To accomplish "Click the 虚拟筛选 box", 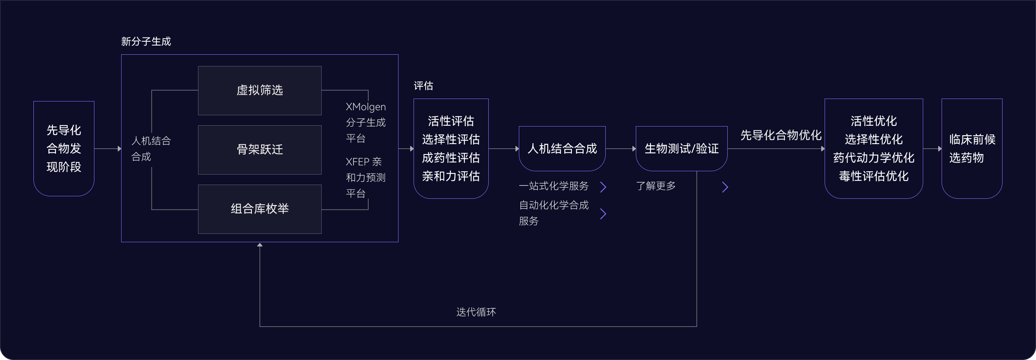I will (x=259, y=90).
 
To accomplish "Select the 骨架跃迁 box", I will (x=259, y=150).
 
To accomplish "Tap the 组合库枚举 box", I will (x=259, y=209).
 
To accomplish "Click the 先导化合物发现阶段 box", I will (x=64, y=149).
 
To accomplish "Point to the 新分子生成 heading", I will (x=146, y=41).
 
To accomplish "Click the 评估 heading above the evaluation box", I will (x=423, y=86).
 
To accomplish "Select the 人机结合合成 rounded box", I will (x=562, y=149).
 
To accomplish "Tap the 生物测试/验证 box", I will (x=681, y=149).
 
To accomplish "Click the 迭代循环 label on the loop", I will (x=476, y=312).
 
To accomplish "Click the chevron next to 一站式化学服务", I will (x=603, y=187).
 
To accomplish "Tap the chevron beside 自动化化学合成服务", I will (x=603, y=214).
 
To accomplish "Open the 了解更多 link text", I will (x=655, y=186).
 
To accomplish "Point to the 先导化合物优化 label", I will (x=781, y=135).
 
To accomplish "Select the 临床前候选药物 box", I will (x=972, y=149).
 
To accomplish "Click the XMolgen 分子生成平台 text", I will (x=366, y=122).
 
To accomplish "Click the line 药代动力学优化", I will (x=873, y=158).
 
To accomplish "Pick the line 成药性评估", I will (x=451, y=158).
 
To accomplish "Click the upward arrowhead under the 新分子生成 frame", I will (x=260, y=245).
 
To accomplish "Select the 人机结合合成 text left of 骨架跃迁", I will (x=151, y=149).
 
